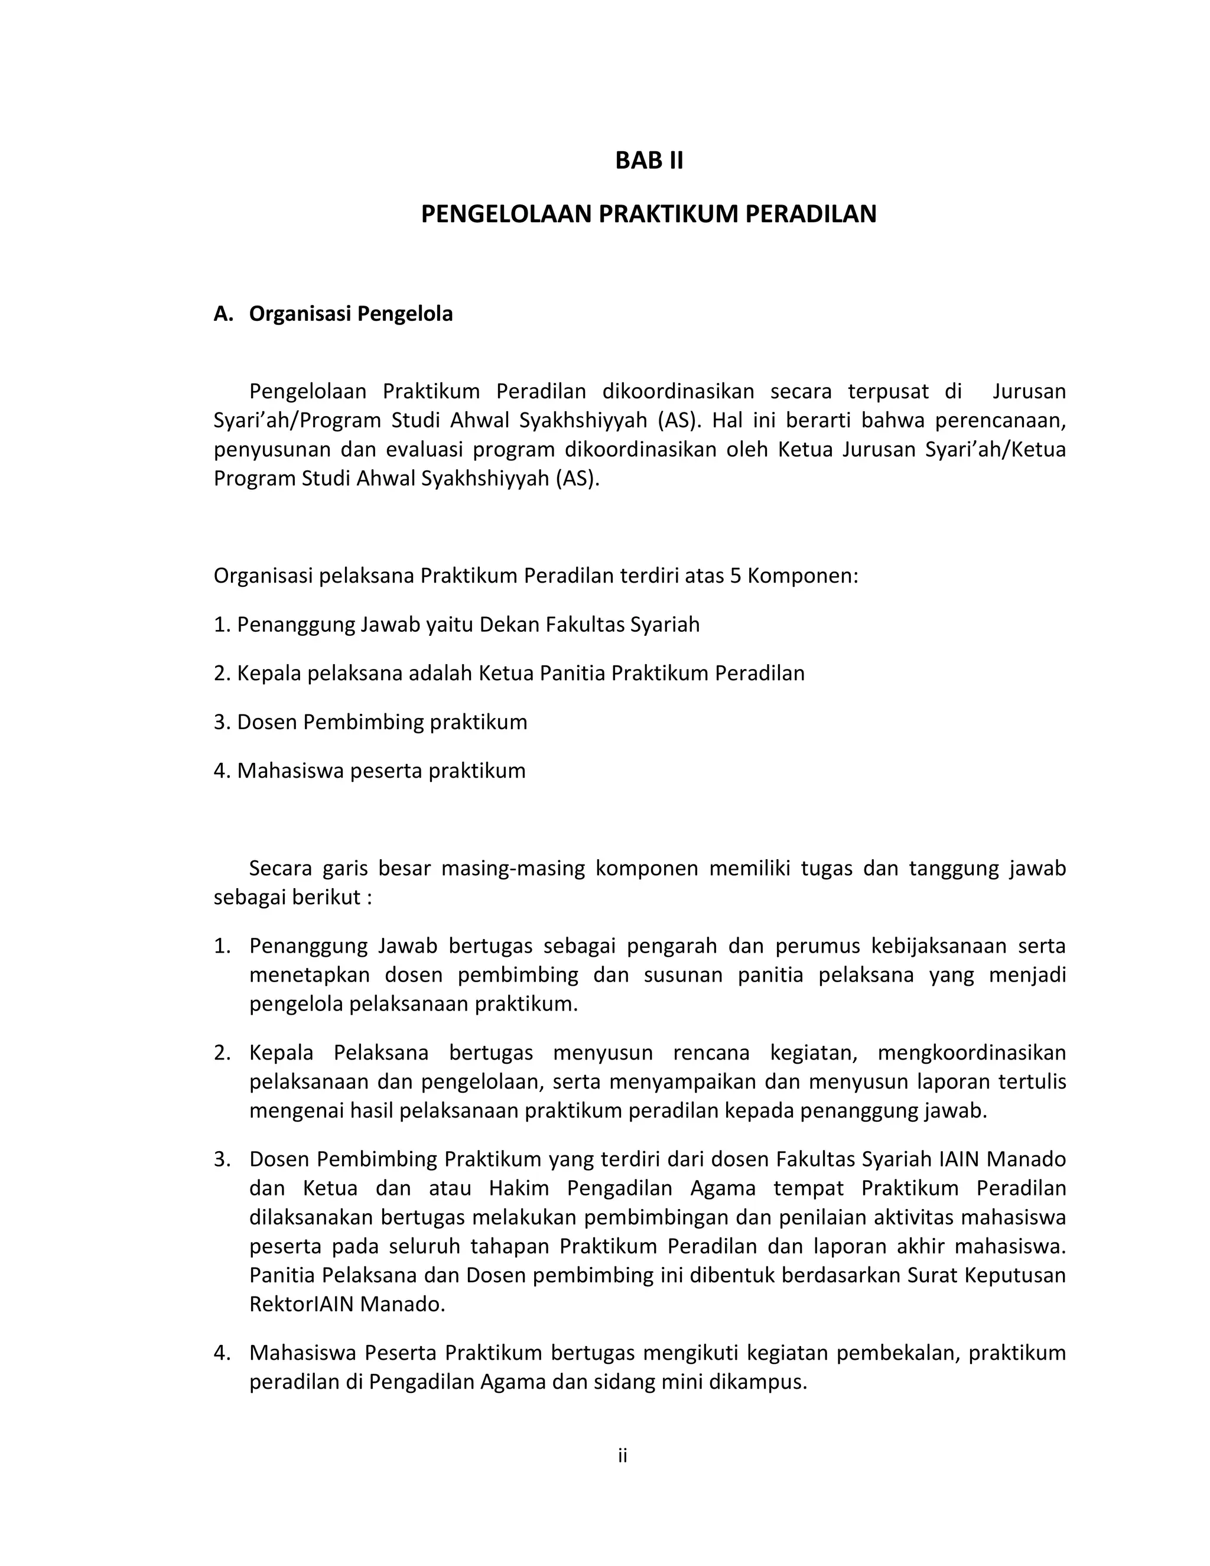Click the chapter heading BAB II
pyautogui.click(x=649, y=161)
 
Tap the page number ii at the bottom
pyautogui.click(x=622, y=1455)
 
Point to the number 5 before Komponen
pyautogui.click(x=735, y=576)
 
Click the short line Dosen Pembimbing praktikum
pyautogui.click(x=370, y=722)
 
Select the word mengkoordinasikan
pyautogui.click(x=971, y=1052)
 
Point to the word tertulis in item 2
pyautogui.click(x=1029, y=1081)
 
